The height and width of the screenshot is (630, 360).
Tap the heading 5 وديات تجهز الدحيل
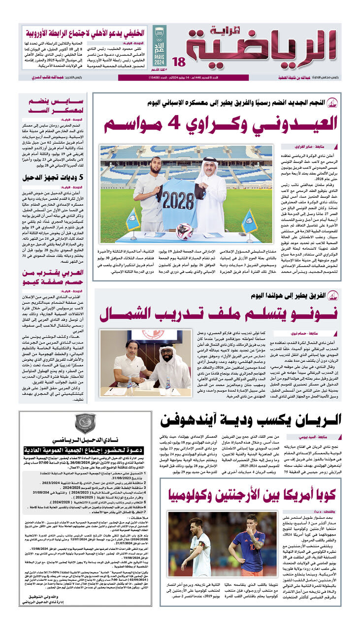[x=53, y=178]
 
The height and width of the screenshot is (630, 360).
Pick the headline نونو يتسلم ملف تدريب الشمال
[x=218, y=314]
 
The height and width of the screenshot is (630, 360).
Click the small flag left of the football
[x=133, y=220]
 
